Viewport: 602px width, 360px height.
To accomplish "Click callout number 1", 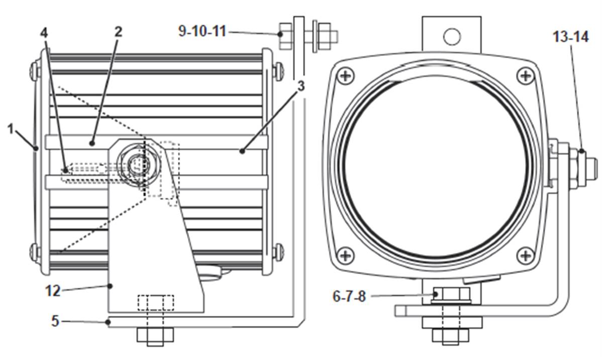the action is (x=11, y=130).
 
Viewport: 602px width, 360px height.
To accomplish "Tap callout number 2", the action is (x=118, y=32).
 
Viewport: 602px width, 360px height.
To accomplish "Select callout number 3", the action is (x=301, y=86).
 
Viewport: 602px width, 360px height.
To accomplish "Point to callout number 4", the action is (x=44, y=33).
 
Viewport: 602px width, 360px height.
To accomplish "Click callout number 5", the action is (x=56, y=321).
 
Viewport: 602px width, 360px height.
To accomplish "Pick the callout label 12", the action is (x=53, y=291).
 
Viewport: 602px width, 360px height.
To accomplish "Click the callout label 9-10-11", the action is (x=203, y=31).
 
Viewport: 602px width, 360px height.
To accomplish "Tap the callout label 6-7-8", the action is (x=349, y=296).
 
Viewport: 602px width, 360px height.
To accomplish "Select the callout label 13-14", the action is (x=570, y=37).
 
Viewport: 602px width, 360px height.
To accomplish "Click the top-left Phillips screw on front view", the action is (x=346, y=75).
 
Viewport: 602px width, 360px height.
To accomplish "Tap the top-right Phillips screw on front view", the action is (x=525, y=75).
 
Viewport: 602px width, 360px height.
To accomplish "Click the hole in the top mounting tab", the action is (x=452, y=37).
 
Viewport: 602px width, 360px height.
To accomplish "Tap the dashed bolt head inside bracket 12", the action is (x=155, y=302).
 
